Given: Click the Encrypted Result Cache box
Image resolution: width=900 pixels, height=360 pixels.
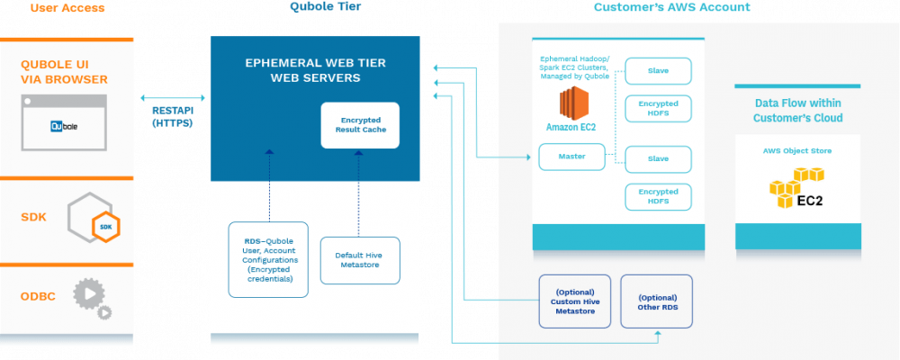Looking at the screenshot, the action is tap(360, 125).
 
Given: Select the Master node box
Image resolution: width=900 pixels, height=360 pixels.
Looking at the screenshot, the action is tap(571, 157).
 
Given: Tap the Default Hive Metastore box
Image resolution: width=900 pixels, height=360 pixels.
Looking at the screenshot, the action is tap(360, 260).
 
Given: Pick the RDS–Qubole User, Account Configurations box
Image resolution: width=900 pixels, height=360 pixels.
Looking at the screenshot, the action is tap(268, 259).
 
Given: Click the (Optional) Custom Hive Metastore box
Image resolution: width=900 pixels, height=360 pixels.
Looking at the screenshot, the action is tap(574, 301).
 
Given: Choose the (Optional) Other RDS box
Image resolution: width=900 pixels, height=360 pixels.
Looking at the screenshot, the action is tap(657, 301).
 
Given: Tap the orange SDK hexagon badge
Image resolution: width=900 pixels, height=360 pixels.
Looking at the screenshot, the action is tap(106, 226).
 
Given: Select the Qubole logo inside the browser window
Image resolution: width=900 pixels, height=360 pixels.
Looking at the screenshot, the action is tap(64, 126).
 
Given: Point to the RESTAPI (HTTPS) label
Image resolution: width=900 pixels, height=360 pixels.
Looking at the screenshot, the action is tap(172, 116).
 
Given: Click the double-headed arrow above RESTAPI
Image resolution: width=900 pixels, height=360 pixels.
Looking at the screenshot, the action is tap(173, 98).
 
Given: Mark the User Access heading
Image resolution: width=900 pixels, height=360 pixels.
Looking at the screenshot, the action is tap(67, 8).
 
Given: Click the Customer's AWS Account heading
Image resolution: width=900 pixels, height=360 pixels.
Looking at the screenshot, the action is tap(671, 7).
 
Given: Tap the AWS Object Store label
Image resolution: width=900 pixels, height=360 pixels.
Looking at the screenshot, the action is tap(797, 151).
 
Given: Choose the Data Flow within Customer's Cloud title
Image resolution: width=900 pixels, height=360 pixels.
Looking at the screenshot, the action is tap(797, 111).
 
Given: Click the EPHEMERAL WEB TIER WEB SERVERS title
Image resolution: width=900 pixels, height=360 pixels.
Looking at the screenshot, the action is tap(315, 70).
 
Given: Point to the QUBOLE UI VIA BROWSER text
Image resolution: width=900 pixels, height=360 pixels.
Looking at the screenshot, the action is tap(64, 72).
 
